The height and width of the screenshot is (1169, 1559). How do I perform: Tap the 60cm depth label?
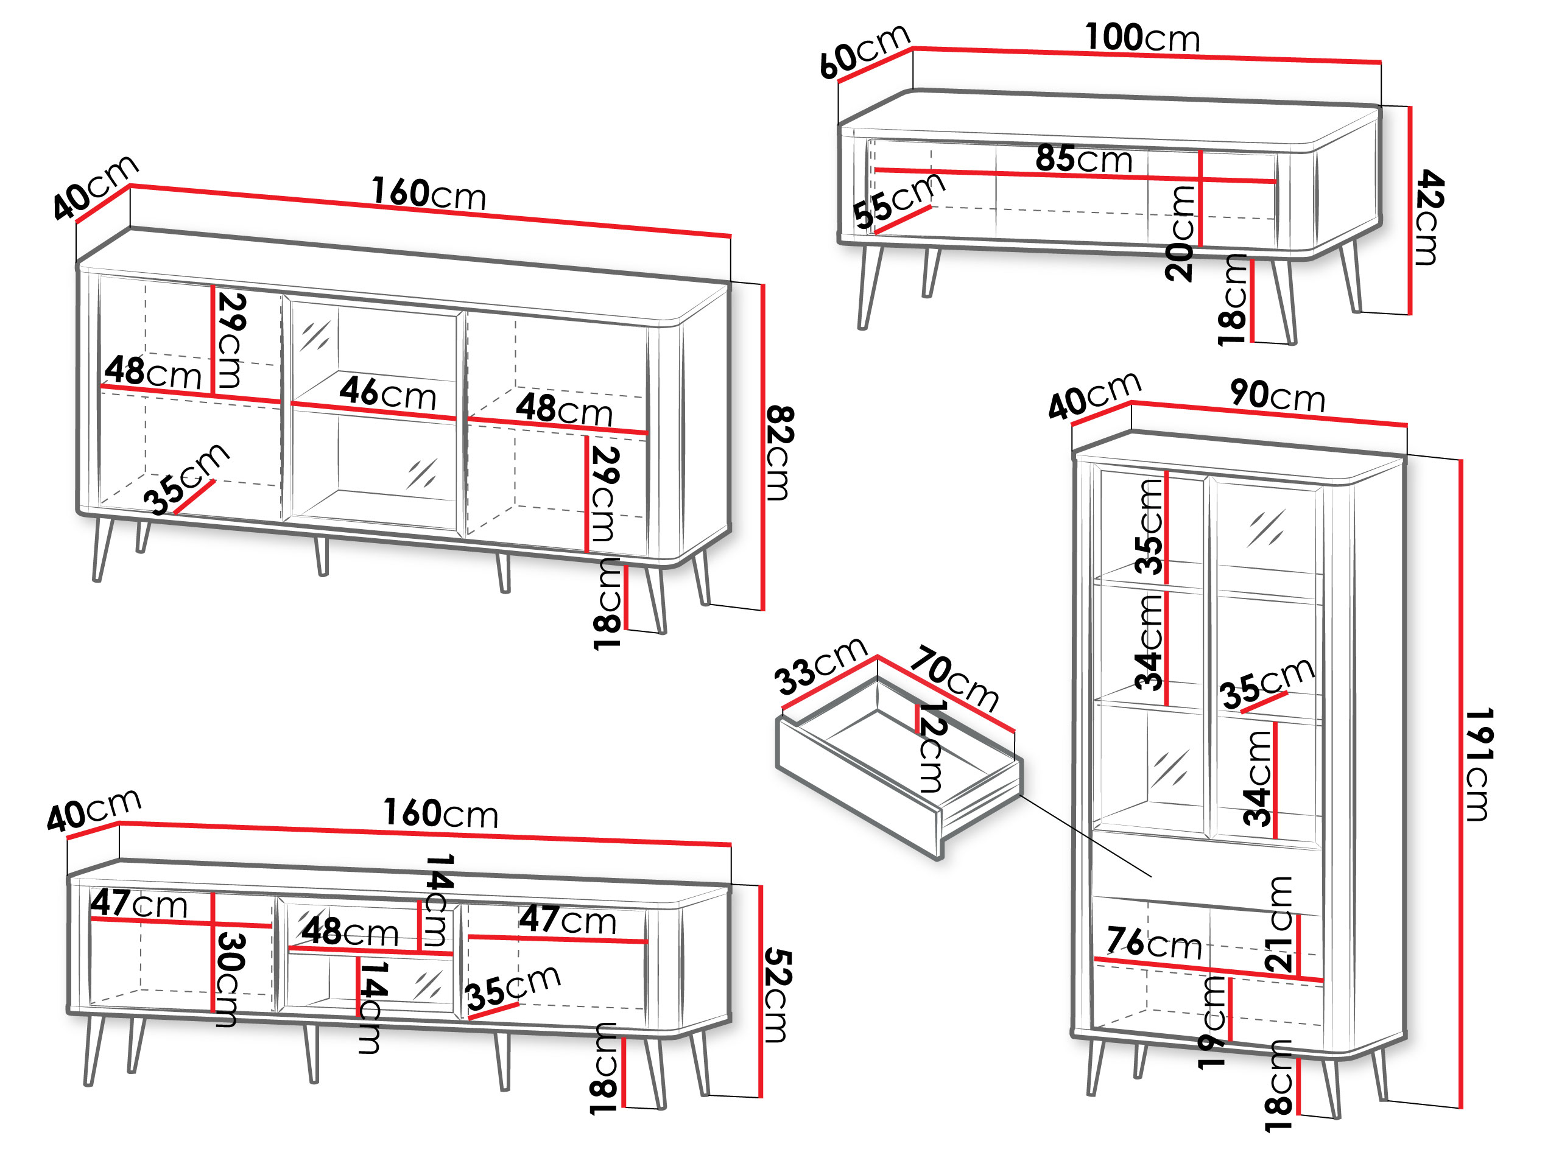865,51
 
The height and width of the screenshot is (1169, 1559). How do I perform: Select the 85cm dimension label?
1084,158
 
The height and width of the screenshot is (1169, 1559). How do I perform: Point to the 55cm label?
899,200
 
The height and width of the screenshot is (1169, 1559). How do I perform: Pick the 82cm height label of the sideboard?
779,453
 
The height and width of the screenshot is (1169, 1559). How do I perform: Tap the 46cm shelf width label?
388,393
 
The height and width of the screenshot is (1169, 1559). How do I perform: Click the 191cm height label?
1479,765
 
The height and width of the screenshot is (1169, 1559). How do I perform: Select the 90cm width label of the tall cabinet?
1277,395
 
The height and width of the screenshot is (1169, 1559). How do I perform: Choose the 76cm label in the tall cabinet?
1154,943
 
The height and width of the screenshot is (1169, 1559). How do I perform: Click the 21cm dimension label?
1279,924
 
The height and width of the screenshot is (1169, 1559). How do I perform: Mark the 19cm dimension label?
1213,1022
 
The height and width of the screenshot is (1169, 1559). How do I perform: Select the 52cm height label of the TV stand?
778,995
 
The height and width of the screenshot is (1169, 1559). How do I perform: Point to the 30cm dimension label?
230,980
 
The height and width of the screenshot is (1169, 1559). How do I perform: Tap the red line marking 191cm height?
1461,784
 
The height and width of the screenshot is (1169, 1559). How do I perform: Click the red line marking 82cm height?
762,447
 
